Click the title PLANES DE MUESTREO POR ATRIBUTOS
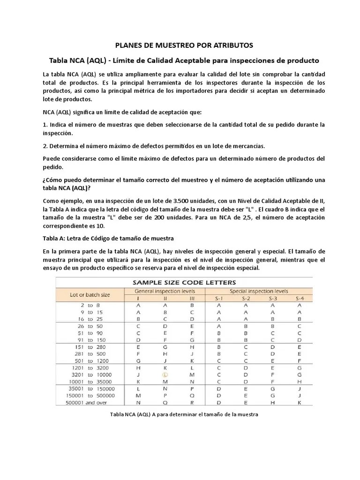pyautogui.click(x=184, y=45)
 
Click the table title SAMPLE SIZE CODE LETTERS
pyautogui.click(x=184, y=282)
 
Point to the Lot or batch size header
pyautogui.click(x=90, y=295)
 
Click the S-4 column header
pyautogui.click(x=299, y=299)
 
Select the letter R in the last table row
pyautogui.click(x=192, y=402)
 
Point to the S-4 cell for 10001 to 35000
pyautogui.click(x=299, y=382)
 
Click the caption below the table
pyautogui.click(x=184, y=414)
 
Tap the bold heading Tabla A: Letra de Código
pyautogui.click(x=108, y=239)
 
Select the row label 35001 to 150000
pyautogui.click(x=91, y=389)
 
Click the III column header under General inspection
pyautogui.click(x=192, y=299)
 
